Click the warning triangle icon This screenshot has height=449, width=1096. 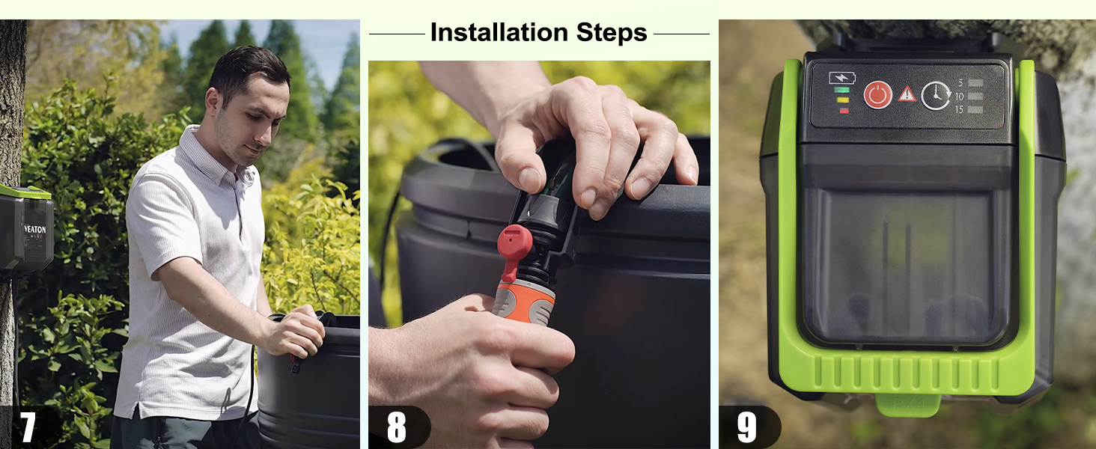coord(907,94)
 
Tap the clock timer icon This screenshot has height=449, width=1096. coord(936,96)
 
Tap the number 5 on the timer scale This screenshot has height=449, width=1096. coord(960,82)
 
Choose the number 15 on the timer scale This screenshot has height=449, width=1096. coord(959,110)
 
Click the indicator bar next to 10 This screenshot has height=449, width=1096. coord(975,97)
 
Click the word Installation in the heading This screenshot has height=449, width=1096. coord(499,33)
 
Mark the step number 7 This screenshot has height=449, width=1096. coord(28,427)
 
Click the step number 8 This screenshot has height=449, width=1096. coord(397,427)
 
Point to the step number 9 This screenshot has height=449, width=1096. coord(746,427)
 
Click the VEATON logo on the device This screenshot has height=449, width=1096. coord(34,230)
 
